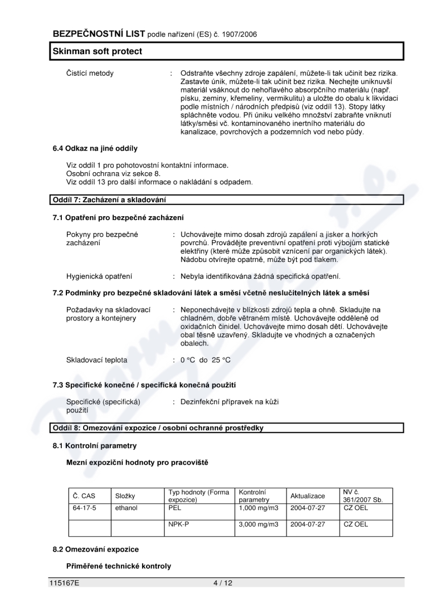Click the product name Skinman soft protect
coord(98,51)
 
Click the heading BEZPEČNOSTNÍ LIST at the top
coord(99,34)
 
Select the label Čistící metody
coord(90,74)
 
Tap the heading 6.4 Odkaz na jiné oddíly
coord(95,148)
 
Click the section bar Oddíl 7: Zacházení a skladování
coord(109,200)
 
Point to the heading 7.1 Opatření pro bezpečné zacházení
coord(118,217)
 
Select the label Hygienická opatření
coord(99,276)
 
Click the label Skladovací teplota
coord(96,360)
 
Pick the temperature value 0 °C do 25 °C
coord(205,360)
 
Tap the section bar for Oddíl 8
coord(158,428)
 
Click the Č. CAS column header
coord(84,496)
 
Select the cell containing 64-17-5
coord(85,508)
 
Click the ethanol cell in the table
coord(127,508)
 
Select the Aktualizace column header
coord(308,496)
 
